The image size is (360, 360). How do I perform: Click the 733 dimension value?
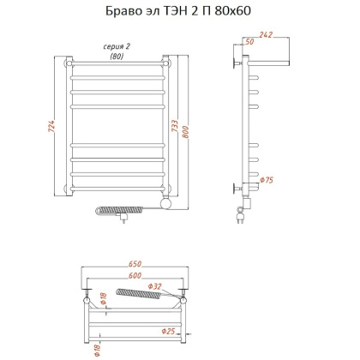coord(186,130)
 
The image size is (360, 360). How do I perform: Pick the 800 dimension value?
coord(197,130)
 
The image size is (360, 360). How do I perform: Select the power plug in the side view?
coord(240,219)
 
